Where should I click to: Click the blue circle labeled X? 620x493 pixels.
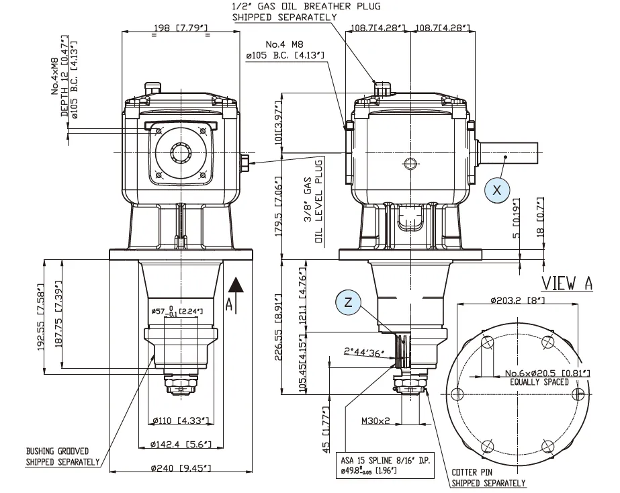pyautogui.click(x=497, y=190)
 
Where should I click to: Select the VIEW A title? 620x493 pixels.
pyautogui.click(x=567, y=283)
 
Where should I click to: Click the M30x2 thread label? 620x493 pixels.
pyautogui.click(x=376, y=421)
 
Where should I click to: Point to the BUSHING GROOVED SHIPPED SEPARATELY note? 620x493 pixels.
pyautogui.click(x=62, y=457)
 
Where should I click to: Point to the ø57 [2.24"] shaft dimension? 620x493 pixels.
pyautogui.click(x=180, y=311)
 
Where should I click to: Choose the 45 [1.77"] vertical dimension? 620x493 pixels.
pyautogui.click(x=326, y=428)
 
